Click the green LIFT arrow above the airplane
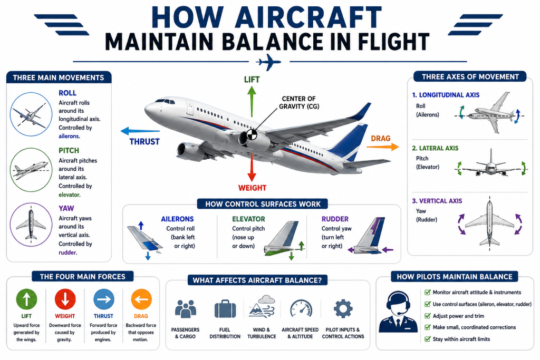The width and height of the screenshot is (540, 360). [x=252, y=102]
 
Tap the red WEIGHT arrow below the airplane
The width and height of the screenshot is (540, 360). [x=252, y=167]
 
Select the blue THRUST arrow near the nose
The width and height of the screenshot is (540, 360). [x=140, y=131]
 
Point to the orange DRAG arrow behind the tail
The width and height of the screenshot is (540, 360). [x=383, y=147]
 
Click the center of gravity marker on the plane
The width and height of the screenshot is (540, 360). [x=252, y=134]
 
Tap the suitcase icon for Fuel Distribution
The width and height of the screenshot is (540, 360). [x=225, y=308]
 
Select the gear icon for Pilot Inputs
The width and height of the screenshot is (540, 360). [x=343, y=308]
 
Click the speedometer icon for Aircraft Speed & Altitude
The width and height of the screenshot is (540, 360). [x=301, y=308]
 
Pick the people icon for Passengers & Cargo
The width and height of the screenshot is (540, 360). [x=185, y=308]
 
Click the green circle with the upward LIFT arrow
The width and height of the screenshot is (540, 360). [x=26, y=299]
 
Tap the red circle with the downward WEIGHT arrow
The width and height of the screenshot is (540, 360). [x=65, y=299]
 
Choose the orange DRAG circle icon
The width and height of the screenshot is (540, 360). [x=141, y=299]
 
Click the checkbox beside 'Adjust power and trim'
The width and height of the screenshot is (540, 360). [x=427, y=316]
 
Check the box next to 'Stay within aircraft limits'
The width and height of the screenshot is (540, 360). [x=427, y=339]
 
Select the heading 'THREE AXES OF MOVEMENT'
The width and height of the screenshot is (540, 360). [x=470, y=77]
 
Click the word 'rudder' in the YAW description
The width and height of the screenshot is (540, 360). [x=67, y=252]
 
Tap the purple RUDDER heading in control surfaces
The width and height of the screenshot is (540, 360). [x=335, y=219]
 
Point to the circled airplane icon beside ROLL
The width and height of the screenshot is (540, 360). [x=31, y=114]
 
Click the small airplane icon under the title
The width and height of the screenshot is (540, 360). [x=268, y=62]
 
